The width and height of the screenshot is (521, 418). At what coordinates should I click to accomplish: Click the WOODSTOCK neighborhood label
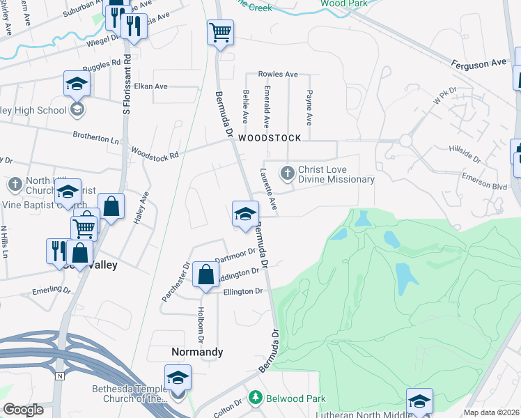click(x=270, y=138)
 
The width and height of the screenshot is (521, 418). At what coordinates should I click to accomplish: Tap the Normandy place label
click(x=198, y=352)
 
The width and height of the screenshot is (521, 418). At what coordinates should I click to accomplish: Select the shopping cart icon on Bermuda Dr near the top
click(x=220, y=32)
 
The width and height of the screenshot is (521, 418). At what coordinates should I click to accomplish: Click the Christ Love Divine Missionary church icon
click(x=287, y=173)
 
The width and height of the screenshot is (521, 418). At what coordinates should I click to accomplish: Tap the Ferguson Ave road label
click(x=479, y=63)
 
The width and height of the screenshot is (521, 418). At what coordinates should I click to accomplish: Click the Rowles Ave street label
click(x=278, y=74)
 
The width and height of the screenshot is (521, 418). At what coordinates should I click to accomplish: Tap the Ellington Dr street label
click(x=243, y=291)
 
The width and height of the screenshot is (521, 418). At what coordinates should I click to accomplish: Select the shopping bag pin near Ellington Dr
click(x=206, y=274)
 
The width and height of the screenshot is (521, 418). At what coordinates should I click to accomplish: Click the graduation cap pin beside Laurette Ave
click(x=245, y=214)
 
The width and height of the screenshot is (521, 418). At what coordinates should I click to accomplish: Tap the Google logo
click(x=24, y=409)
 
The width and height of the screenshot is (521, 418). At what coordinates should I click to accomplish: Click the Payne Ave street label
click(x=310, y=107)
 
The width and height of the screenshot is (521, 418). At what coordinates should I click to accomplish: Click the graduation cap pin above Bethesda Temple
click(x=178, y=378)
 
